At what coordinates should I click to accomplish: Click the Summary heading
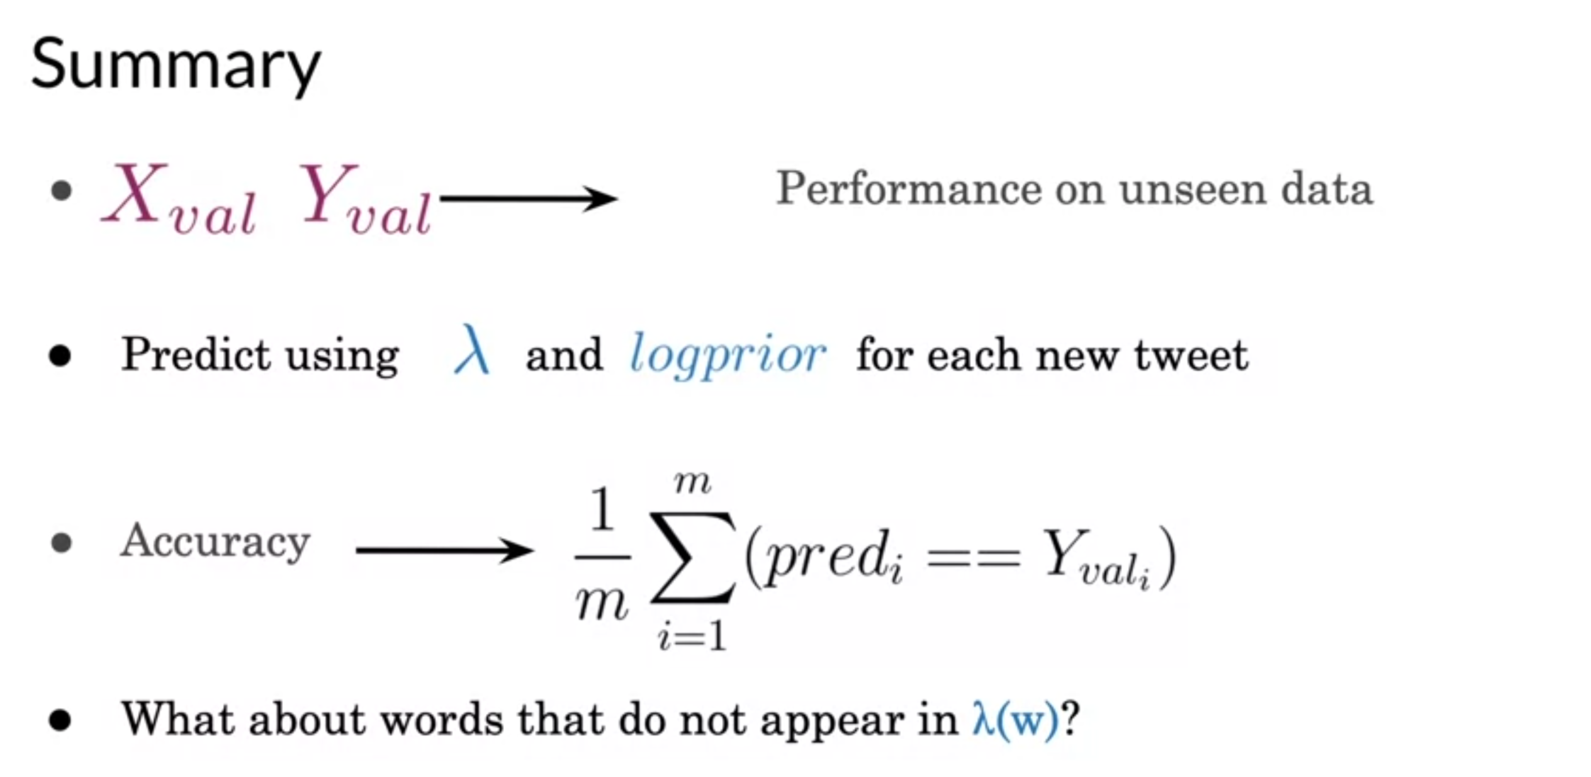[x=175, y=65]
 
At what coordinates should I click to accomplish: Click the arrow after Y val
[x=528, y=198]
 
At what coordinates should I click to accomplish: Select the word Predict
[x=196, y=354]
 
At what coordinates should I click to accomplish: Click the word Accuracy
[x=215, y=543]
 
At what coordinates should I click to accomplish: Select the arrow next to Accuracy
[x=444, y=550]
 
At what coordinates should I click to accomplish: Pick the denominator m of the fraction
[x=602, y=603]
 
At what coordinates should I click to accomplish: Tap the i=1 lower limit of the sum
[x=692, y=635]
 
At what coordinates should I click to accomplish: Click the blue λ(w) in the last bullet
[x=1015, y=720]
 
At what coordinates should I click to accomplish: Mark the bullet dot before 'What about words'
[x=61, y=720]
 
